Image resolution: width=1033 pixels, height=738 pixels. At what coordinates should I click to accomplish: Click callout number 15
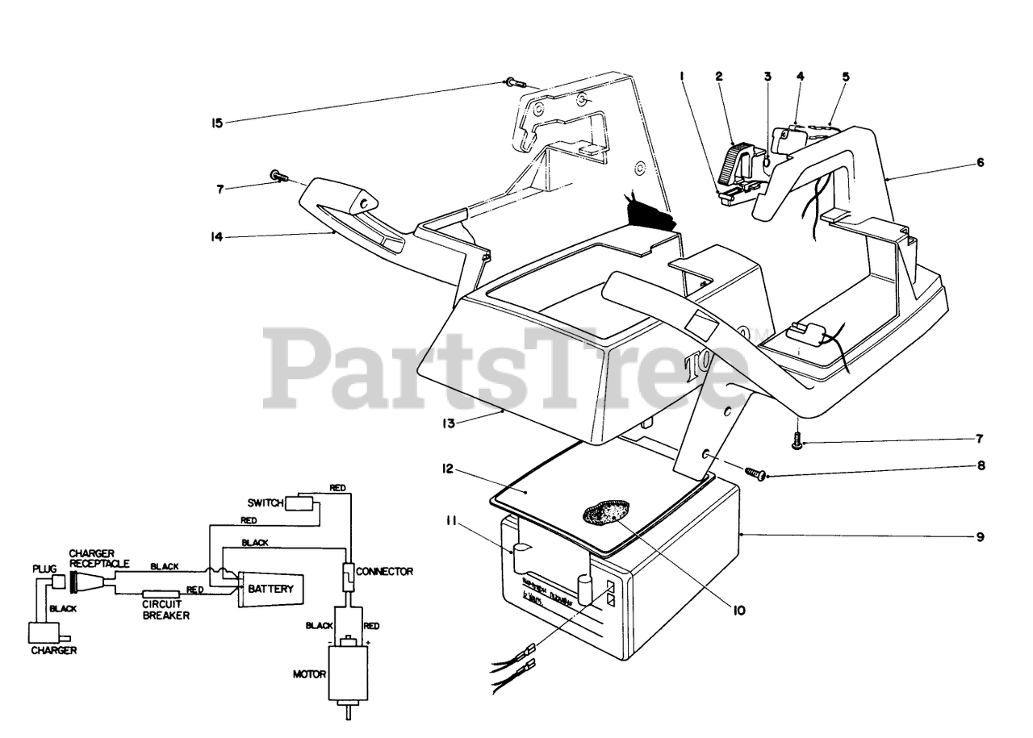pyautogui.click(x=216, y=123)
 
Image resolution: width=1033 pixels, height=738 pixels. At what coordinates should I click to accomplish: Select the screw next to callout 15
pyautogui.click(x=513, y=82)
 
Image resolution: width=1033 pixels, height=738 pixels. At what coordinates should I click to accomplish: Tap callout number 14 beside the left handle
pyautogui.click(x=216, y=237)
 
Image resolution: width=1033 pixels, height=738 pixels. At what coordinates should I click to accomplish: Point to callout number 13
pyautogui.click(x=450, y=423)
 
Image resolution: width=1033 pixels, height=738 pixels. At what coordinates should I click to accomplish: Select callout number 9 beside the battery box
pyautogui.click(x=980, y=536)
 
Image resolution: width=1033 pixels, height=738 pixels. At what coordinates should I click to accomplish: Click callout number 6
pyautogui.click(x=980, y=162)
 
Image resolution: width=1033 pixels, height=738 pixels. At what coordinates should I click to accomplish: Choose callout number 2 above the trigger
pyautogui.click(x=718, y=77)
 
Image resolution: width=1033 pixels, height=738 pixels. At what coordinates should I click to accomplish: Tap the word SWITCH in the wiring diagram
pyautogui.click(x=266, y=503)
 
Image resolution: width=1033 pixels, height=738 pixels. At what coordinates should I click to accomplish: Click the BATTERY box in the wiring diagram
pyautogui.click(x=270, y=589)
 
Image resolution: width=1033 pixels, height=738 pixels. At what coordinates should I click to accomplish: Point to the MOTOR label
pyautogui.click(x=308, y=672)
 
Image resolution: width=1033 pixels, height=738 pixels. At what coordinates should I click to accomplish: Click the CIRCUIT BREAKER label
pyautogui.click(x=165, y=609)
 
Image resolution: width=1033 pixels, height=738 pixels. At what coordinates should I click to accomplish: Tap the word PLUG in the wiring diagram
pyautogui.click(x=44, y=569)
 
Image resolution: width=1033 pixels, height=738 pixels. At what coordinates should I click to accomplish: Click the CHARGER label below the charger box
pyautogui.click(x=54, y=650)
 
